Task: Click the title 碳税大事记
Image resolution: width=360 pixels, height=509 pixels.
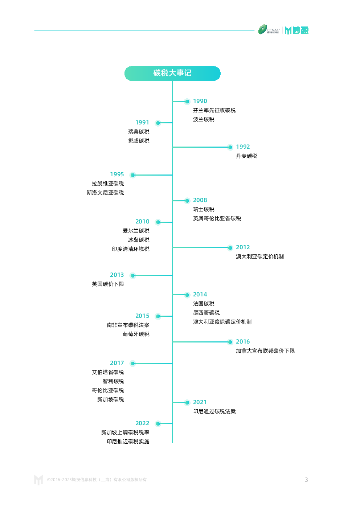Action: pyautogui.click(x=172, y=73)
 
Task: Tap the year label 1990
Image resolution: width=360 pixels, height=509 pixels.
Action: pyautogui.click(x=200, y=101)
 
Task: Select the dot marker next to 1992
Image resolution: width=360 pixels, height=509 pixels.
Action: pyautogui.click(x=230, y=147)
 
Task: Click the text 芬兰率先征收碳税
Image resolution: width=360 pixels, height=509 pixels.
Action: pyautogui.click(x=214, y=110)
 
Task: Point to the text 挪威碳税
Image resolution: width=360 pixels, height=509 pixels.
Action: pyautogui.click(x=139, y=141)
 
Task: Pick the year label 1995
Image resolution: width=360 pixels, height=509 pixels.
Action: pyautogui.click(x=117, y=174)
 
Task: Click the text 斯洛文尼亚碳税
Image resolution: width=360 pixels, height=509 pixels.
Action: pyautogui.click(x=105, y=193)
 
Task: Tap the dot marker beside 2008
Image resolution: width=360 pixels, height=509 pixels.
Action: pyautogui.click(x=187, y=201)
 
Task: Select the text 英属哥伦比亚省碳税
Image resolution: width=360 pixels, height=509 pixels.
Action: pyautogui.click(x=217, y=219)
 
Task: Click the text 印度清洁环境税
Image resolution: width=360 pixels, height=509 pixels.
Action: pyautogui.click(x=131, y=249)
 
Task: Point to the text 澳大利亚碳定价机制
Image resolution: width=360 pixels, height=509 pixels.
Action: pyautogui.click(x=260, y=256)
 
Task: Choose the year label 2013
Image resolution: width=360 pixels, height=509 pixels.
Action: pyautogui.click(x=117, y=275)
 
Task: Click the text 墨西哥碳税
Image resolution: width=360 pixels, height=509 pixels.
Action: pyautogui.click(x=206, y=313)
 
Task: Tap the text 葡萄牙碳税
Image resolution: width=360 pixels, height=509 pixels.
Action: pyautogui.click(x=136, y=334)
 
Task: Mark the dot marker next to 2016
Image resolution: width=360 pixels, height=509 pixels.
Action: pyautogui.click(x=230, y=342)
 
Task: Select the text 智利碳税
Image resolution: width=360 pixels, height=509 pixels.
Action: pyautogui.click(x=113, y=381)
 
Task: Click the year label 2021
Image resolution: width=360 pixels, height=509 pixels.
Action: pyautogui.click(x=200, y=402)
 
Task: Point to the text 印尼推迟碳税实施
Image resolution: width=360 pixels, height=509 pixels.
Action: pyautogui.click(x=128, y=442)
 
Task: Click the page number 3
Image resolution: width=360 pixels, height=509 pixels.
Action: pyautogui.click(x=306, y=480)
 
